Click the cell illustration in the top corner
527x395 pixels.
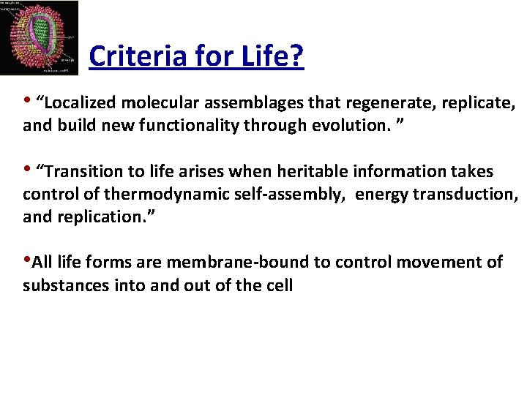click(40, 38)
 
